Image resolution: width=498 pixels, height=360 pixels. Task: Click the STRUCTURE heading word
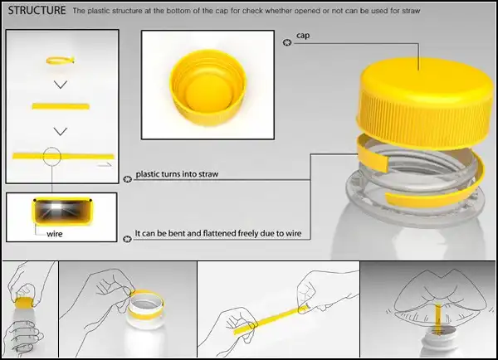pyautogui.click(x=37, y=11)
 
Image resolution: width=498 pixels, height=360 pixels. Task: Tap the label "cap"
pyautogui.click(x=303, y=36)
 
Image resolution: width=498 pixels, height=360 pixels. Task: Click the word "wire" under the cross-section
pyautogui.click(x=54, y=234)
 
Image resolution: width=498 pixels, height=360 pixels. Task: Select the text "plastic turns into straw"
pyautogui.click(x=177, y=174)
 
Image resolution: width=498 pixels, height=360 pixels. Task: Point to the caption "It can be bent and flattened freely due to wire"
pyautogui.click(x=218, y=233)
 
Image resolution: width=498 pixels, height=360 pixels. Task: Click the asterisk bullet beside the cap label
pyautogui.click(x=287, y=42)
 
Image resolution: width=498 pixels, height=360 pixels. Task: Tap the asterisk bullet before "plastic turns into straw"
pyautogui.click(x=127, y=179)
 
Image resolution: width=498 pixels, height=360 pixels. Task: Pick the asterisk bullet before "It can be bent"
pyautogui.click(x=127, y=239)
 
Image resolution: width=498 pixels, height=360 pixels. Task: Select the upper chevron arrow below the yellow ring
pyautogui.click(x=61, y=85)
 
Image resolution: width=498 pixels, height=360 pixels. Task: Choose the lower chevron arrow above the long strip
pyautogui.click(x=61, y=131)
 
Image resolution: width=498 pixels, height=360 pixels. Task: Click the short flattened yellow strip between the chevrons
pyautogui.click(x=61, y=106)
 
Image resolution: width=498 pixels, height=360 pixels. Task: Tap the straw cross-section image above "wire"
pyautogui.click(x=62, y=212)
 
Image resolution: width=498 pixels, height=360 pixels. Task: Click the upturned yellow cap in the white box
pyautogui.click(x=208, y=88)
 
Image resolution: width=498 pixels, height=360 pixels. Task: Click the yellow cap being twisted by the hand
pyautogui.click(x=24, y=303)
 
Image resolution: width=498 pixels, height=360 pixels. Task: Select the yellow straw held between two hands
pyautogui.click(x=271, y=319)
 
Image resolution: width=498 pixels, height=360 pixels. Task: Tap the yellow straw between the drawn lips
pyautogui.click(x=438, y=319)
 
